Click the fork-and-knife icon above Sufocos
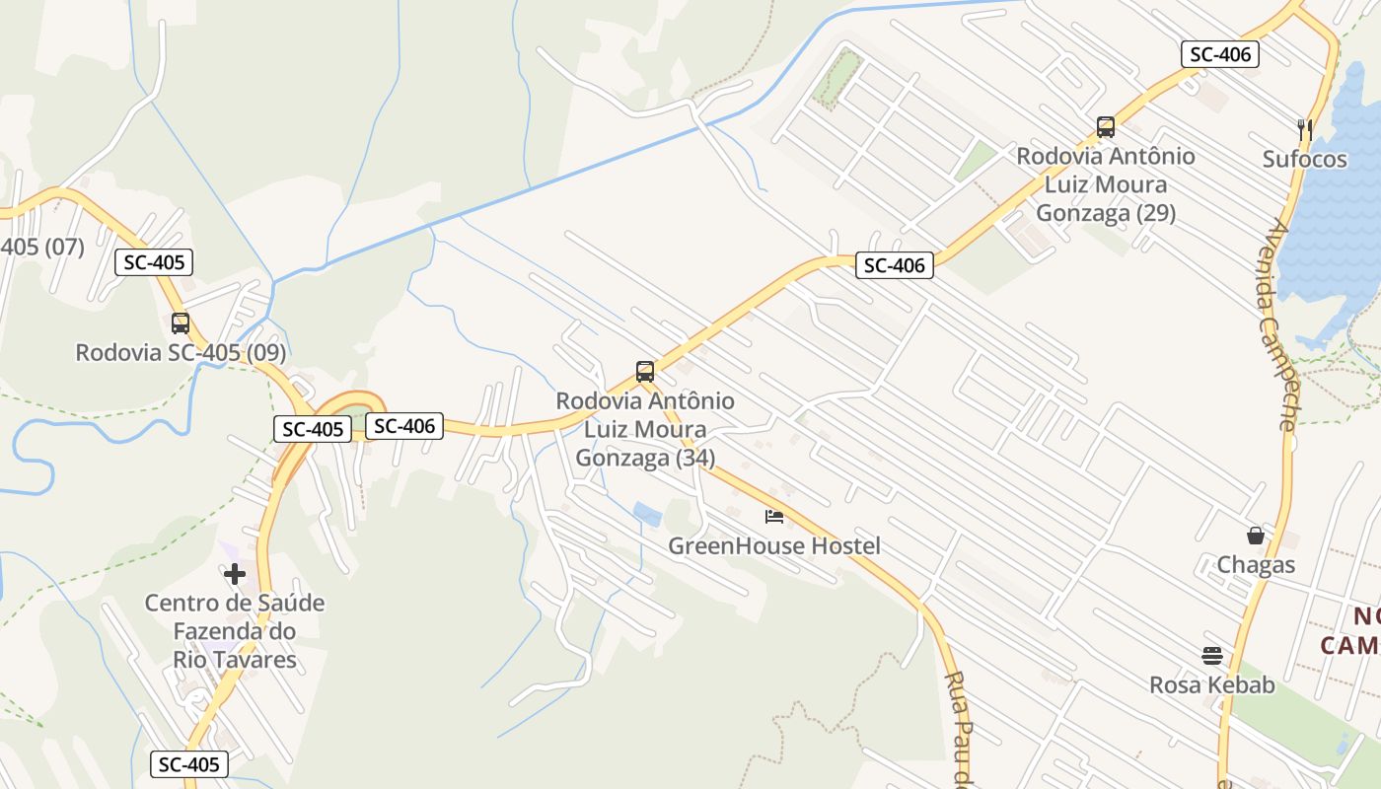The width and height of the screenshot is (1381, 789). click(1305, 128)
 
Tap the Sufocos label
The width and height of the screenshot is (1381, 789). click(1305, 159)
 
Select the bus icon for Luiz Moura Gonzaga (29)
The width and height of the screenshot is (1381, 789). click(1106, 127)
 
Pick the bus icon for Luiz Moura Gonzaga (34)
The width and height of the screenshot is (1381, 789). click(645, 372)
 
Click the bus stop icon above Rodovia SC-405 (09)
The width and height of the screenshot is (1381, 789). click(181, 323)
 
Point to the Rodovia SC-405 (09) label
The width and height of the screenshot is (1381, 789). click(181, 352)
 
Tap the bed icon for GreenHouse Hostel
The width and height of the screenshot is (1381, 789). click(774, 516)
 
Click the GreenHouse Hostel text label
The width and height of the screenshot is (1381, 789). click(774, 545)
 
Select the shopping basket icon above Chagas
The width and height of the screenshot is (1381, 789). click(1256, 536)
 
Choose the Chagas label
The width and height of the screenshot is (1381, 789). click(1256, 565)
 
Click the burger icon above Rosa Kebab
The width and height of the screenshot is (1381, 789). click(1212, 655)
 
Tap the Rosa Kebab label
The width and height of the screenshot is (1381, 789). click(1212, 684)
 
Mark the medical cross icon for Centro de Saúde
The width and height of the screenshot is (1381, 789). click(235, 573)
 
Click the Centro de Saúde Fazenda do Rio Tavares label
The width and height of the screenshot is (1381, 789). click(235, 631)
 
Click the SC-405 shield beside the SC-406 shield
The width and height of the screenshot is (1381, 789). click(313, 429)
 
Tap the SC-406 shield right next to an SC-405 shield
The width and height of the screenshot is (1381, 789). click(404, 426)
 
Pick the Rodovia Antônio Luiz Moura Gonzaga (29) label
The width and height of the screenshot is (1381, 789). click(1106, 184)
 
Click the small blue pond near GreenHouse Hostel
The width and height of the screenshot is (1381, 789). click(647, 514)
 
